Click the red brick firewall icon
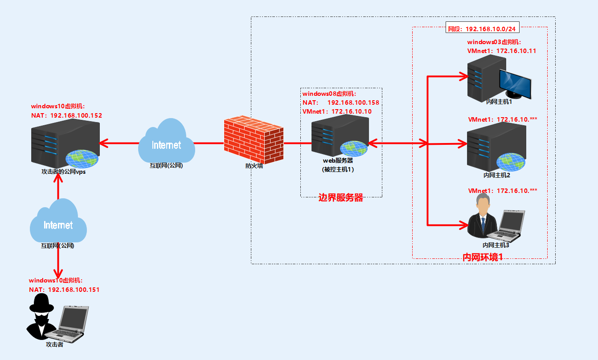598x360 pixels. tap(253, 140)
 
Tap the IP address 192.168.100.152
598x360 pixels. tap(76, 115)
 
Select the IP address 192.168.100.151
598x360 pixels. tap(74, 290)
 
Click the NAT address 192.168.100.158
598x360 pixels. tap(353, 102)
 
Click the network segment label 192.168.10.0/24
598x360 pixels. tap(490, 29)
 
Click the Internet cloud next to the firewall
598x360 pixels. tap(167, 143)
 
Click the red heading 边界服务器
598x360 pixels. tap(341, 198)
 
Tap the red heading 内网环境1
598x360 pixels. tap(483, 257)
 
